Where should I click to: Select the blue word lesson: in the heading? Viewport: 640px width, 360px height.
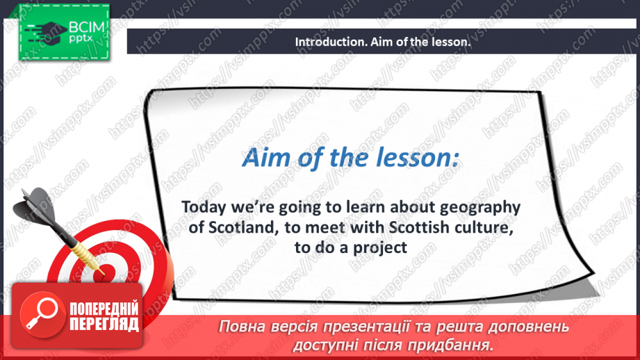416,158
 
